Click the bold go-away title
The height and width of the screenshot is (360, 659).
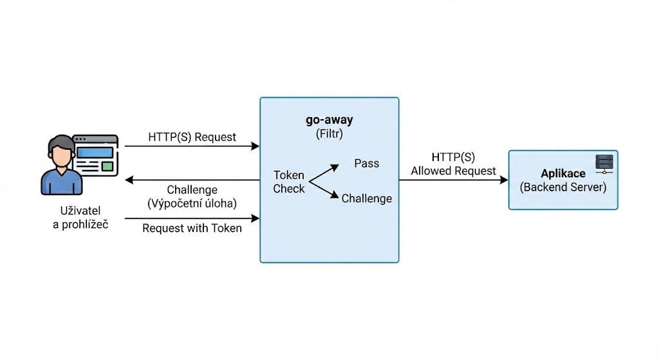329,121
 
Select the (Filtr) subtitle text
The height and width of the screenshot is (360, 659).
329,135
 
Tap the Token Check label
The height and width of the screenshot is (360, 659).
289,182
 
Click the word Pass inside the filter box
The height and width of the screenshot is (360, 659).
367,164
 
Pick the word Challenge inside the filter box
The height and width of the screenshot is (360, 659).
367,198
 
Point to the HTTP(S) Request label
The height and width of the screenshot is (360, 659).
192,137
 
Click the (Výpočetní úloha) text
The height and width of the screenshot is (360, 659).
192,204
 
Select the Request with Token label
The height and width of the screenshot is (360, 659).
192,228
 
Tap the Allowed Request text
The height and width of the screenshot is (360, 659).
454,171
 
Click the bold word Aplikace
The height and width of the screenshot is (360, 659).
563,174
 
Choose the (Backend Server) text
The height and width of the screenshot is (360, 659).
563,187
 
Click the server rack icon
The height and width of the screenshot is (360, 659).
604,164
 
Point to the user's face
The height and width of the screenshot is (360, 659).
61,155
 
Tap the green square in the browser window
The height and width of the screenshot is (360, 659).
107,166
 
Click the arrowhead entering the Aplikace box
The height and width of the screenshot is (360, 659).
504,180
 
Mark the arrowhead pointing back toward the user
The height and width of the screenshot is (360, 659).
129,180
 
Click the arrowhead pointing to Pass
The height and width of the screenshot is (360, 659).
335,166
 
